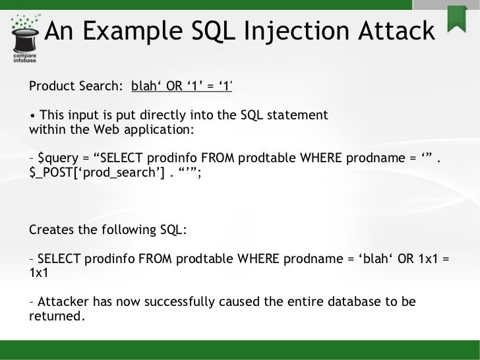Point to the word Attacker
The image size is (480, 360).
pyautogui.click(x=63, y=302)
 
